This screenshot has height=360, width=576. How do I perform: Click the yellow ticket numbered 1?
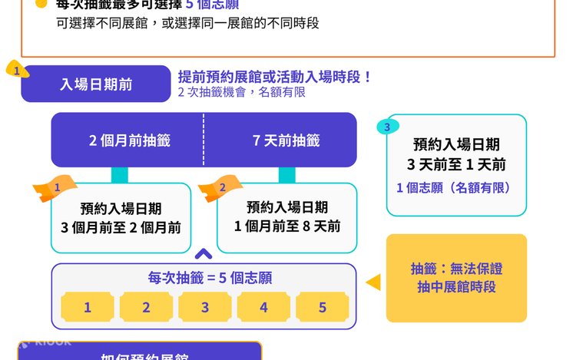pos(88,308)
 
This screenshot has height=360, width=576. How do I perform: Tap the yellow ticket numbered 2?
pos(146,308)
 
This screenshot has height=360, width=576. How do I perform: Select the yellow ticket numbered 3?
pos(205,308)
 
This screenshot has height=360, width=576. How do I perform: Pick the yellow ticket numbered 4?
pos(263,308)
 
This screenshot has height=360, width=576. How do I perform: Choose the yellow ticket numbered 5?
pos(323,308)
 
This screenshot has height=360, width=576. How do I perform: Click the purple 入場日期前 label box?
pos(96,84)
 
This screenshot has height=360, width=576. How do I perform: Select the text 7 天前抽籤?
pos(286,140)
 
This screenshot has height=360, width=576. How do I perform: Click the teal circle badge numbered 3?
pos(388,127)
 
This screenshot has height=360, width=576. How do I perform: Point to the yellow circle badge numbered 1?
pos(17,71)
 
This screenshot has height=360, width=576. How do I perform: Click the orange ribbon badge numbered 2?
pos(220,188)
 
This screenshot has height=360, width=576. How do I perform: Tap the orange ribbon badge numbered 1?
pos(55,188)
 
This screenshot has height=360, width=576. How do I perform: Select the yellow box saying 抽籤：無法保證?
pos(456,278)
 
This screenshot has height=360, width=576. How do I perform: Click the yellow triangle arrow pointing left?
pos(373,282)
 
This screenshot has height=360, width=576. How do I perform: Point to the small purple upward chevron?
pos(204,254)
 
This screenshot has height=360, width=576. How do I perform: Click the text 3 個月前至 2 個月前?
pos(121,227)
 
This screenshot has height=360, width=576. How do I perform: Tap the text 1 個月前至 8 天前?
pos(286,226)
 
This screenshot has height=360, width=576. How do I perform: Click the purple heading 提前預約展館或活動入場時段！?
pos(274,77)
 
